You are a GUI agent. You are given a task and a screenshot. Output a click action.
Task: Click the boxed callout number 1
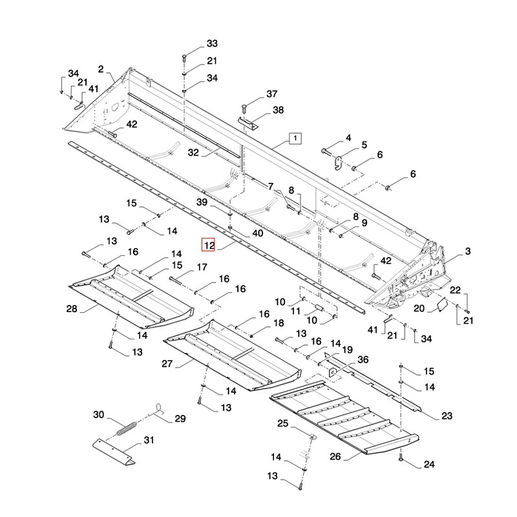[294, 138]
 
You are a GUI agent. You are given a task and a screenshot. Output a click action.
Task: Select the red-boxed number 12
[208, 246]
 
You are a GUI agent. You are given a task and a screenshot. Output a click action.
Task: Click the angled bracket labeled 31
[114, 450]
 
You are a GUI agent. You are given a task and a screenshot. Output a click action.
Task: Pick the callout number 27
[167, 364]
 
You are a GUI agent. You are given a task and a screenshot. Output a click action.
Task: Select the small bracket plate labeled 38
[249, 122]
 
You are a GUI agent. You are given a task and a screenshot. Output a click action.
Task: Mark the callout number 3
[468, 251]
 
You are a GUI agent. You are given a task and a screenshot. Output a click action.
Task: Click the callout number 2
[101, 69]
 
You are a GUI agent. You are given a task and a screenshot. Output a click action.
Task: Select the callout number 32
[194, 153]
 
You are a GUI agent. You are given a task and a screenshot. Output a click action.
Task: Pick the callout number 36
[363, 360]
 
